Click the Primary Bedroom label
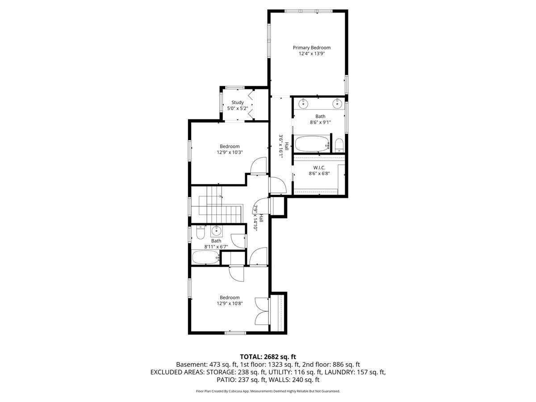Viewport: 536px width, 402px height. (312, 48)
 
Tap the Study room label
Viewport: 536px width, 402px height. (237, 103)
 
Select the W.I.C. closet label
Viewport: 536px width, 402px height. (319, 167)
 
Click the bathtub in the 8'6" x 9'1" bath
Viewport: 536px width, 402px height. (312, 144)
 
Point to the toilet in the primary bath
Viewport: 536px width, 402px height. (339, 146)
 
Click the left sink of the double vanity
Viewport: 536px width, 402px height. (303, 104)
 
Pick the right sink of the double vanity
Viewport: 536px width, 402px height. (337, 104)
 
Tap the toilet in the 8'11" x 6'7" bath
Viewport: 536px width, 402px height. (200, 232)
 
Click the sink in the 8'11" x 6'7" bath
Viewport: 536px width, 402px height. (216, 230)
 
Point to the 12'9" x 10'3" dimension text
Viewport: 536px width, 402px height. (230, 153)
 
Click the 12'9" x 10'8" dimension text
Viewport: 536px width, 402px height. (230, 304)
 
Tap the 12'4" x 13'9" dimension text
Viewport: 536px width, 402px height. (312, 54)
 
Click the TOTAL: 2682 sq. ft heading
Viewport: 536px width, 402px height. (268, 357)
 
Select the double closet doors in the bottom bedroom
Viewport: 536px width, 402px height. (261, 311)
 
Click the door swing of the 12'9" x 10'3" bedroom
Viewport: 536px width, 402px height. (258, 166)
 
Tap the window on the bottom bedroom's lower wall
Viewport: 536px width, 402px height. (235, 333)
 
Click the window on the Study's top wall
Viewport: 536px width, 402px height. (234, 88)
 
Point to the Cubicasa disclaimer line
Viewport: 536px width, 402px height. (268, 391)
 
